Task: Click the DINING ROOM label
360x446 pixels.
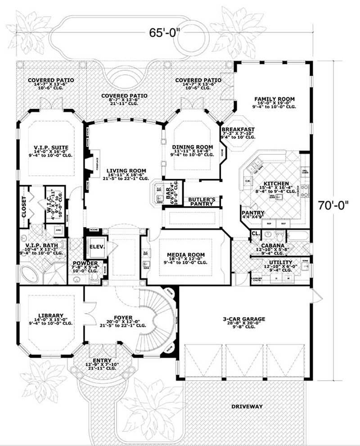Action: click(x=192, y=147)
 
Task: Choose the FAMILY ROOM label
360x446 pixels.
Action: click(x=274, y=99)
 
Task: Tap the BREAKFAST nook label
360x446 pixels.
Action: click(x=238, y=129)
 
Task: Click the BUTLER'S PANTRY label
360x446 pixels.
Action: click(x=201, y=201)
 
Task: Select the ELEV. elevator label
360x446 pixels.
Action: click(x=97, y=246)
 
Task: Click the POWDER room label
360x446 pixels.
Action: click(x=85, y=263)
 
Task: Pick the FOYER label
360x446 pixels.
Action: click(x=122, y=317)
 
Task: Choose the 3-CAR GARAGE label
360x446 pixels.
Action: click(x=244, y=319)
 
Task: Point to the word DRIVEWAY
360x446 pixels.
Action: click(x=247, y=406)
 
